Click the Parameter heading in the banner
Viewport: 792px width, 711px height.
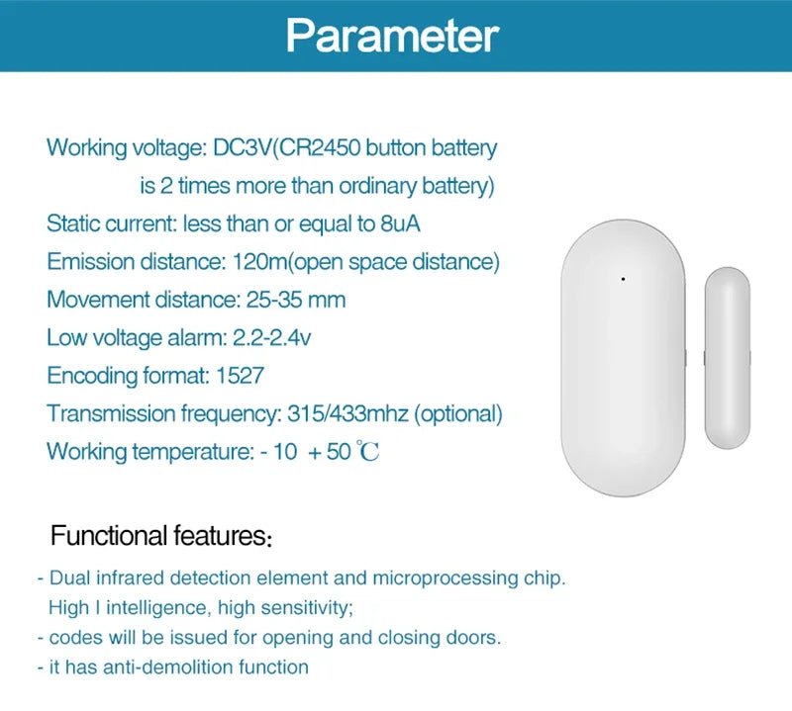[392, 36]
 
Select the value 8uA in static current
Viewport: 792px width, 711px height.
[400, 223]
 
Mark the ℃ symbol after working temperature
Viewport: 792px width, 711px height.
[368, 453]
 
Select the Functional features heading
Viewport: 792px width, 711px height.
[160, 537]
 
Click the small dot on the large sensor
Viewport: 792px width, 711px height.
[623, 279]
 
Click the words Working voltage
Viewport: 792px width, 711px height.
[126, 148]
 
